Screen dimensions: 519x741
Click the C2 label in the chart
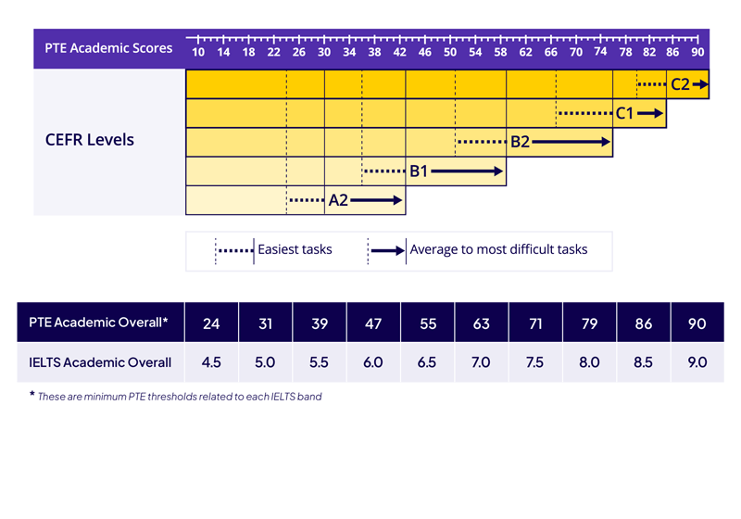[x=680, y=84]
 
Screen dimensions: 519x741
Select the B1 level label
[x=419, y=171]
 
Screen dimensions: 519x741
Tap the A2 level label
[x=338, y=200]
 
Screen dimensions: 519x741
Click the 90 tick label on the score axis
[x=697, y=52]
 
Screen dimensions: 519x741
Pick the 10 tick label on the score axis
[x=198, y=52]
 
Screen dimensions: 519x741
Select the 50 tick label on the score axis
[x=450, y=52]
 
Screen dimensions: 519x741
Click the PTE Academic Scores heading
[x=109, y=48]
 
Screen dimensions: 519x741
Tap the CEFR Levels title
[x=90, y=140]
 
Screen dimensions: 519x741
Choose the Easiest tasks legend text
[x=295, y=249]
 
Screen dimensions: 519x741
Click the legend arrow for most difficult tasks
[x=387, y=250]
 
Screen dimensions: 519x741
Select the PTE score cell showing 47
[x=373, y=323]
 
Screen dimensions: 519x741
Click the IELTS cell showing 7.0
[x=481, y=362]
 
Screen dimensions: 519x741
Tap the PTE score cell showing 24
[x=212, y=323]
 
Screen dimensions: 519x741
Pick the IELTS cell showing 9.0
[x=697, y=362]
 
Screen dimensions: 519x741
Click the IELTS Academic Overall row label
[x=100, y=362]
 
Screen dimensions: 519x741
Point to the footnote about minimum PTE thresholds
[x=181, y=397]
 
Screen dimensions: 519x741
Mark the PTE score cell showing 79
[x=589, y=323]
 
